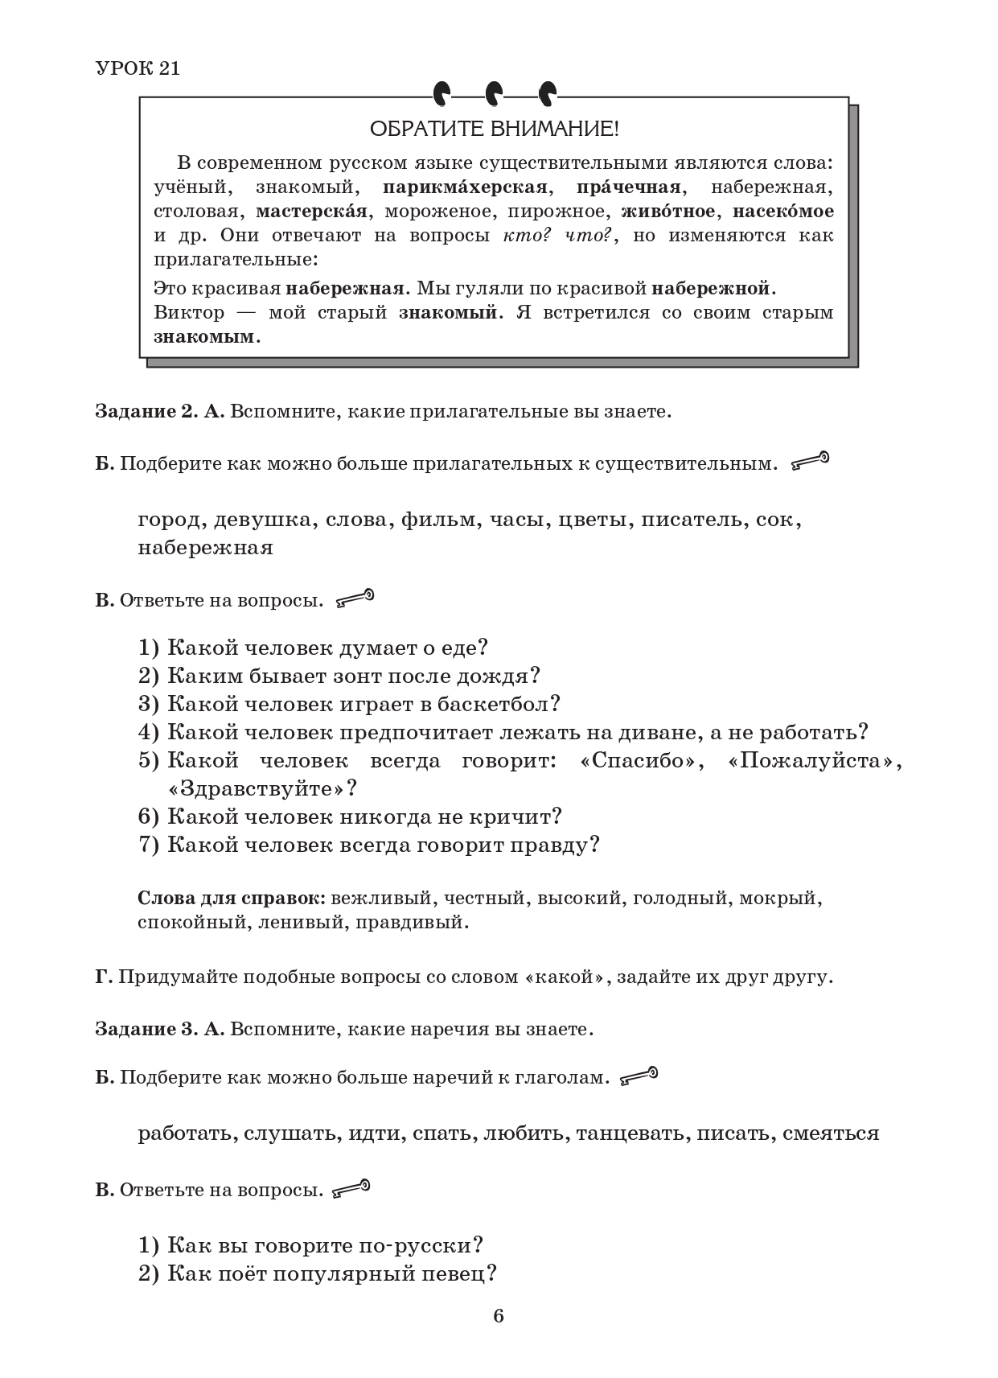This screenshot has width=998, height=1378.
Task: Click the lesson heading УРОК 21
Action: click(138, 68)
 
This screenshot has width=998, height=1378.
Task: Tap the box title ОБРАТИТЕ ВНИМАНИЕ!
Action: click(494, 129)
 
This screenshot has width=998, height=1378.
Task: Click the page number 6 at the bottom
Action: click(499, 1316)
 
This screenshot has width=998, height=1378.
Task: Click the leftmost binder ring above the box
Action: click(442, 95)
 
